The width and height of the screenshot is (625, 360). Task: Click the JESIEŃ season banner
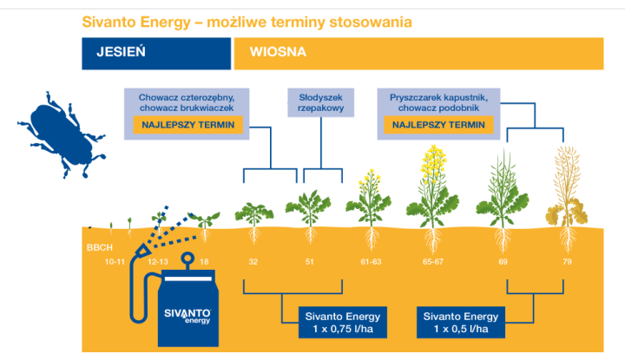[x=156, y=52]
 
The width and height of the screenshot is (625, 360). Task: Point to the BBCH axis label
[x=98, y=246]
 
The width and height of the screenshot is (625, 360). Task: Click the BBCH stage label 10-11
[x=115, y=260]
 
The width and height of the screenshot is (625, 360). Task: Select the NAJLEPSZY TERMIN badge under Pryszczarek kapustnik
[x=438, y=125]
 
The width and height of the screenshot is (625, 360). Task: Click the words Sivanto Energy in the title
[x=131, y=20]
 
